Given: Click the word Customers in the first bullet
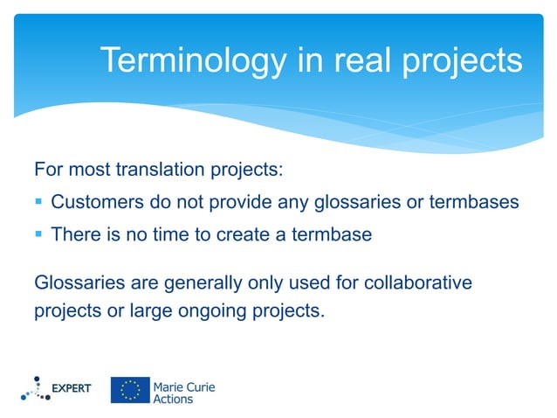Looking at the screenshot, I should coord(91,202).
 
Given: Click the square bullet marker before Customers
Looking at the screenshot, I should coord(39,203).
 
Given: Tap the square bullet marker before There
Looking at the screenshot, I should coord(39,235).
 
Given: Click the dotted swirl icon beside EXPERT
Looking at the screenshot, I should coord(35,387).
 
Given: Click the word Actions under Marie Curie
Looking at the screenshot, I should coord(173,399).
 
